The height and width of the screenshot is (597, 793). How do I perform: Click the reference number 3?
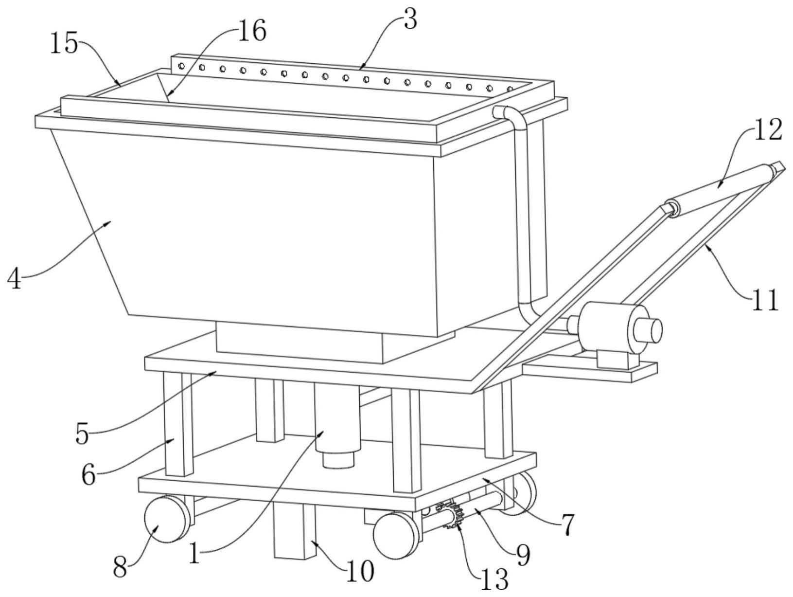point(410,19)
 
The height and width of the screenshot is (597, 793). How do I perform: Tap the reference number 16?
point(252,31)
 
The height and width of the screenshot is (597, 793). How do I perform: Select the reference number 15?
point(64,43)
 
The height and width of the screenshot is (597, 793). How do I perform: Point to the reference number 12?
point(769,129)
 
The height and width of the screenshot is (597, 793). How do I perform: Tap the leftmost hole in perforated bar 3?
point(182,66)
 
